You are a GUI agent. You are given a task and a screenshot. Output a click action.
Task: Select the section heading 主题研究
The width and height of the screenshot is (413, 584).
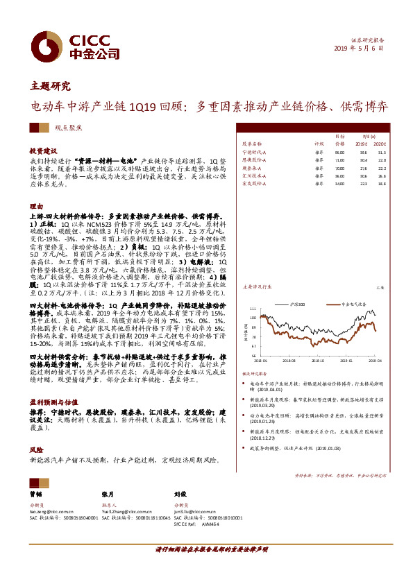coord(50,87)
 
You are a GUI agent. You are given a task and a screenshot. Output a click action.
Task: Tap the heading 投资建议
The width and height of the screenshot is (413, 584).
coord(42,150)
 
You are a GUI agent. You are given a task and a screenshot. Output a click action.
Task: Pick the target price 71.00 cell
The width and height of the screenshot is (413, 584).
coord(339,160)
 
